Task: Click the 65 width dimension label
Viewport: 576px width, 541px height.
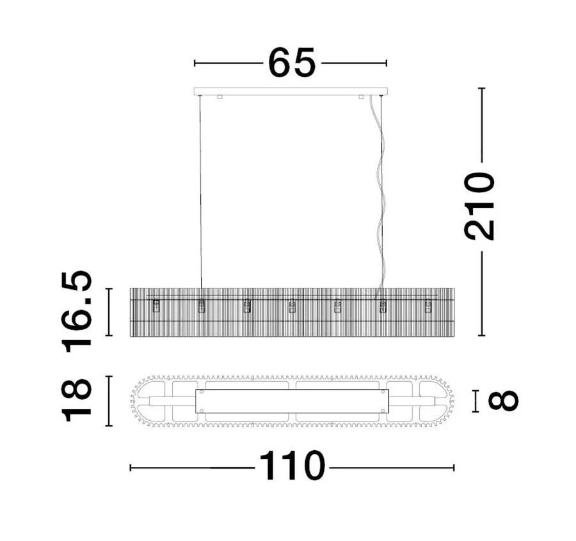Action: coord(292,63)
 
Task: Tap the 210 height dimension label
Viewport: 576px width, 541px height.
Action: coord(479,207)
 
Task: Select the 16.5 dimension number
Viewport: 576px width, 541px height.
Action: coord(77,311)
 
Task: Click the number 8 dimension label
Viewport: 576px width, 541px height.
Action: coord(503,400)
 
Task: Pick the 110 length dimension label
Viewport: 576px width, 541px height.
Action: coord(292,466)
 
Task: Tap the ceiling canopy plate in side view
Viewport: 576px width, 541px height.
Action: coord(291,91)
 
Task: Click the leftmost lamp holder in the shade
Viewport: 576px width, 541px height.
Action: coord(156,306)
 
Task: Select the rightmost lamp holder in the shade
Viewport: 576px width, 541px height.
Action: coord(428,306)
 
